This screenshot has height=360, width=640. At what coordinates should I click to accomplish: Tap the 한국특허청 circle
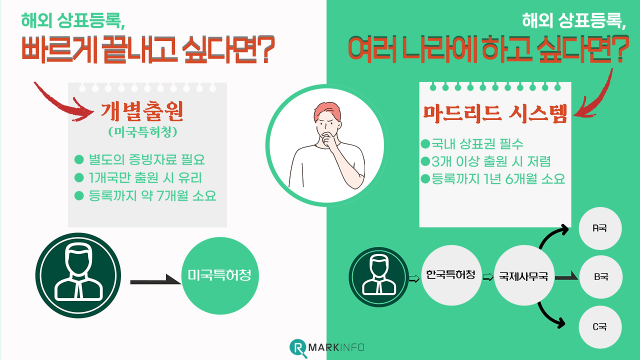click(450, 275)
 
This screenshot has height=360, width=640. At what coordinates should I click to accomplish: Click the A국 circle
click(599, 228)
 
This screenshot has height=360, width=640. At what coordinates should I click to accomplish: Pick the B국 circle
click(600, 276)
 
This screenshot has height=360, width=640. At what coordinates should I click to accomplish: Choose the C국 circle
click(599, 327)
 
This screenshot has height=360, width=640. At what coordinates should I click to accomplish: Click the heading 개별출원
click(142, 112)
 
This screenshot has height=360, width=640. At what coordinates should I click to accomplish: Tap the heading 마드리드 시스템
click(495, 114)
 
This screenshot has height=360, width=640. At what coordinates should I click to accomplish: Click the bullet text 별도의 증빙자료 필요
click(146, 160)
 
